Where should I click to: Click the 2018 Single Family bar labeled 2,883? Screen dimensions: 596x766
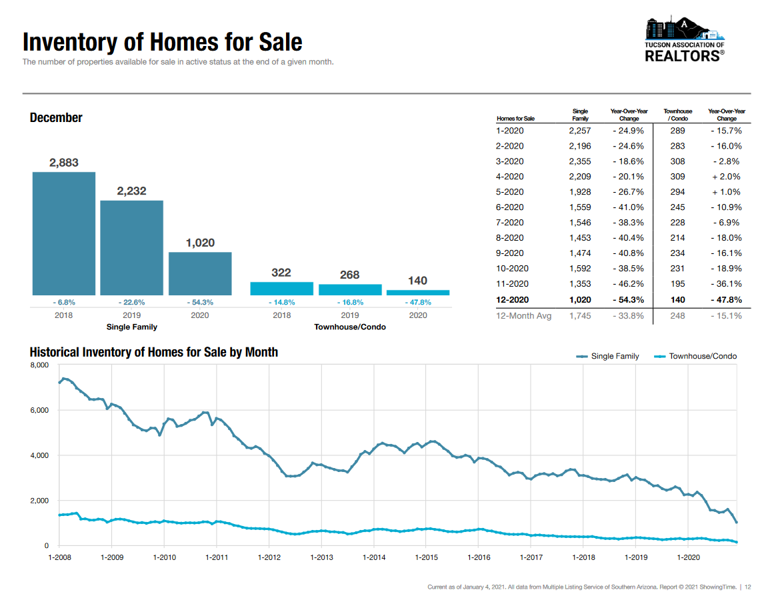tap(64, 233)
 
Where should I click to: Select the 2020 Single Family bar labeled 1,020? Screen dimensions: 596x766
tap(200, 273)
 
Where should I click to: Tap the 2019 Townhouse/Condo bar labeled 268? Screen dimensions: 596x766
tap(350, 289)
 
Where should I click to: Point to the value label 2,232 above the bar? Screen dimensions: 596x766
tap(131, 191)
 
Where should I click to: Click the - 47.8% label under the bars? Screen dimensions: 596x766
tap(418, 302)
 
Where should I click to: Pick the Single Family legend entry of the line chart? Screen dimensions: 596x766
tap(607, 356)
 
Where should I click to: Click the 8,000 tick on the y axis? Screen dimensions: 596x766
tap(39, 365)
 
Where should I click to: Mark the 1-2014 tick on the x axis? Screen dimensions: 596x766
tap(374, 557)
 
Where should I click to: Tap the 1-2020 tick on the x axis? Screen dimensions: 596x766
tap(688, 557)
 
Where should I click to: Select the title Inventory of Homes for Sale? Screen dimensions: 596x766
tap(162, 42)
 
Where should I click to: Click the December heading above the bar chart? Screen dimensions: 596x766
tap(56, 118)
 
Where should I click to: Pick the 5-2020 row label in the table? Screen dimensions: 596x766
tap(510, 192)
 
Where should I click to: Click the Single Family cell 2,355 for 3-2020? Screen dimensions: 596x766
tap(580, 161)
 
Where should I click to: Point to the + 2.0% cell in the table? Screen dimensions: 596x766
tap(726, 177)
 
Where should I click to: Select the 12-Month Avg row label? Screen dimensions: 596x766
tap(524, 315)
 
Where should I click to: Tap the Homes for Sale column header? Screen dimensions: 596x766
tap(515, 119)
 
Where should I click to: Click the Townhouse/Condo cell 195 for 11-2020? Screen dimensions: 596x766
tap(677, 284)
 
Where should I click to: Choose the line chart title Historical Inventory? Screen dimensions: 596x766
tap(153, 352)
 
